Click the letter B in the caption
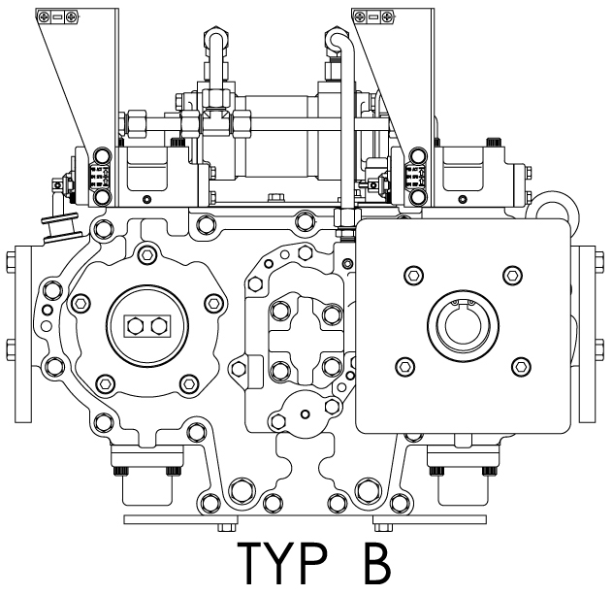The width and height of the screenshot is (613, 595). coord(377,563)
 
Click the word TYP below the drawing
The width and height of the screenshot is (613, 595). coord(282,563)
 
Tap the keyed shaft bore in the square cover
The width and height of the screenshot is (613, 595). coord(463,325)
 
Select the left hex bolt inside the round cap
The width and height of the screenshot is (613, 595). coord(135,326)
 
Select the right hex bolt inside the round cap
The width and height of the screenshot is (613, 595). coord(159,326)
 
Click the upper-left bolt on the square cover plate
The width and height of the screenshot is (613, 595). coord(414,276)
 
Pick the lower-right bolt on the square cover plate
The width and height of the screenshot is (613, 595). coord(521,367)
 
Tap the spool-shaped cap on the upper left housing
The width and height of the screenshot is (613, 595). coord(62,227)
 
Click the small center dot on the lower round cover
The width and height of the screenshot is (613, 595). coord(306,413)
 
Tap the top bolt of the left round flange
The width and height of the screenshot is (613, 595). coord(147,255)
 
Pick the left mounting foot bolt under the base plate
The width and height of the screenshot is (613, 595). coord(227,527)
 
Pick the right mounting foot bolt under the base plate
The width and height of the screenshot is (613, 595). coord(383,527)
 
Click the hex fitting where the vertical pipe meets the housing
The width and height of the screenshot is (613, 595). coord(347,217)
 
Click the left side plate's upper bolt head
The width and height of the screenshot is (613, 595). coord(11,262)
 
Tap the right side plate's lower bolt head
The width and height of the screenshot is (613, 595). coord(599,349)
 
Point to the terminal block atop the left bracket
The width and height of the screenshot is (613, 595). coord(57,17)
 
